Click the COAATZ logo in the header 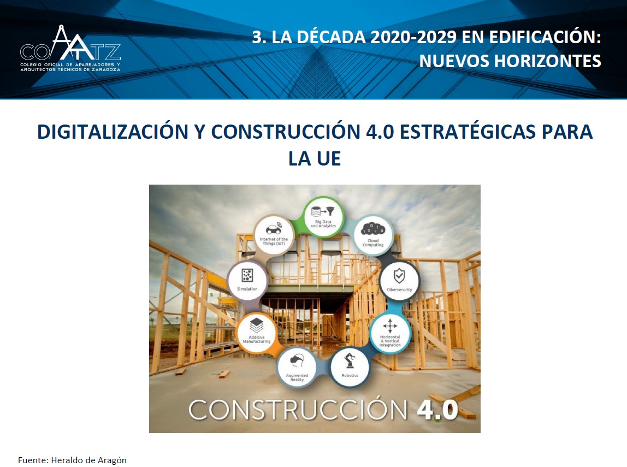point(70,48)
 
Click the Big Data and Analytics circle point(323,217)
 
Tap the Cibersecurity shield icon point(399,276)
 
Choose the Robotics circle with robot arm point(350,366)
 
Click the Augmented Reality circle point(297,366)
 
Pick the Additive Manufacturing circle point(256,332)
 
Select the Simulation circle point(247,279)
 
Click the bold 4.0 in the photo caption point(437,410)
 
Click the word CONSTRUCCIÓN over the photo point(298,410)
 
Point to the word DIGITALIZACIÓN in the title point(113,131)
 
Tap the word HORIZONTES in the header point(547,61)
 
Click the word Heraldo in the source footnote point(66,460)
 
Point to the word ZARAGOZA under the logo point(106,69)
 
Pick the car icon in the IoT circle point(274,229)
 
